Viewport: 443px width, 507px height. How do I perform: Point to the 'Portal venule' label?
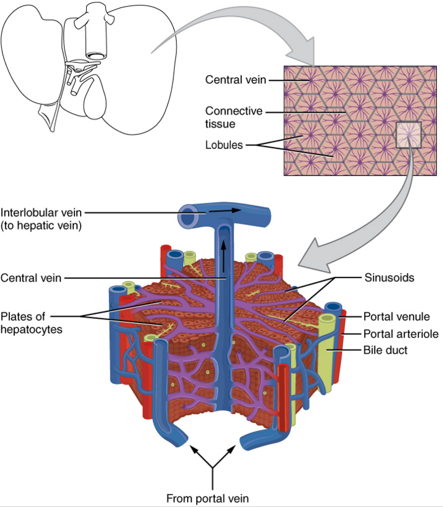[397, 316]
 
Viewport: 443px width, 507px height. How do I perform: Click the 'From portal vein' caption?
[208, 497]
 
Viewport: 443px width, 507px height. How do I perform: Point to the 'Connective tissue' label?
[233, 117]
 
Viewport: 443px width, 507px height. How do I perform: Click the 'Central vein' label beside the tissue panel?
[236, 79]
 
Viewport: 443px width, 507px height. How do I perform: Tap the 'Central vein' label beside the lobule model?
[31, 278]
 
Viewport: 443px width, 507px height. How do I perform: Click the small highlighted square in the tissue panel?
[408, 135]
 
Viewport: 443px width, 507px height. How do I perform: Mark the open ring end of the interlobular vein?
[188, 216]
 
